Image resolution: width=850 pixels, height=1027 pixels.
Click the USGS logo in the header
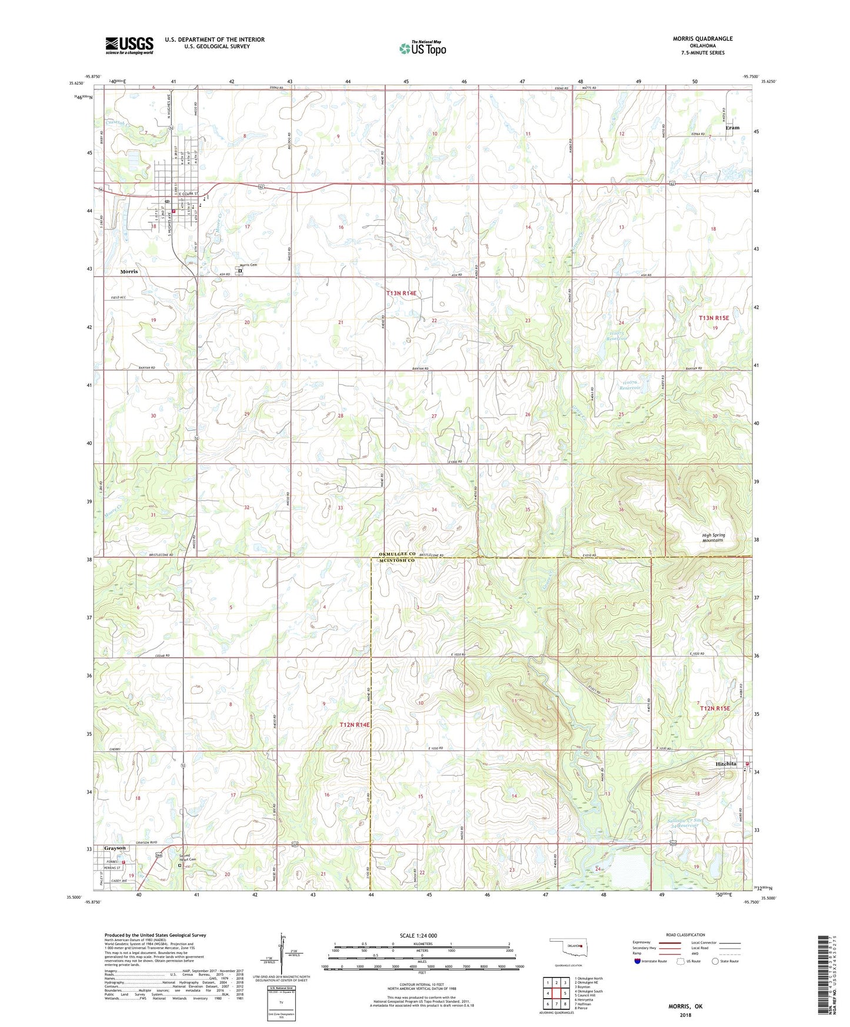coord(129,45)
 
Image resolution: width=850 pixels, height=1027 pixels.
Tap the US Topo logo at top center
coord(422,48)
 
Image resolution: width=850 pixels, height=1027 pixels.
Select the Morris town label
coord(129,272)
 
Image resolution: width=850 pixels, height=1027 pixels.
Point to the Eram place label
coord(732,128)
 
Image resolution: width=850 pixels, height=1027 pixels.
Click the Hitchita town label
coord(726,763)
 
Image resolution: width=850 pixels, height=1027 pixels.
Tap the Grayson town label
coord(115,848)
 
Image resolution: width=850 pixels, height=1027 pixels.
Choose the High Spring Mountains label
coord(713,538)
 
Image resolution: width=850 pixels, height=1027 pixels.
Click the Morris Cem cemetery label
coord(249,265)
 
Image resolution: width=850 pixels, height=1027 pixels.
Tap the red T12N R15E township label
coord(714,709)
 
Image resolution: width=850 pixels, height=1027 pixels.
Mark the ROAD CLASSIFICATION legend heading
coord(686,935)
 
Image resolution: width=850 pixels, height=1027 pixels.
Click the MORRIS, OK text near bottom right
coord(685,1006)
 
